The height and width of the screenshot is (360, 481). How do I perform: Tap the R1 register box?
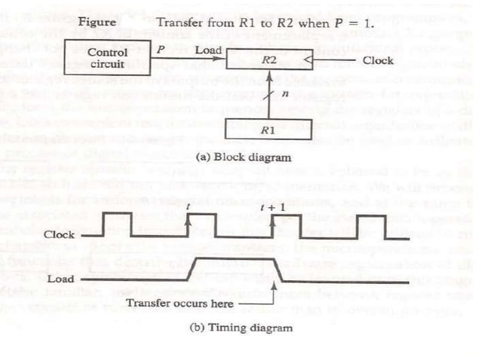[262, 129]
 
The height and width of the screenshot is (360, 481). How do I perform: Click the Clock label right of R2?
[377, 59]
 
